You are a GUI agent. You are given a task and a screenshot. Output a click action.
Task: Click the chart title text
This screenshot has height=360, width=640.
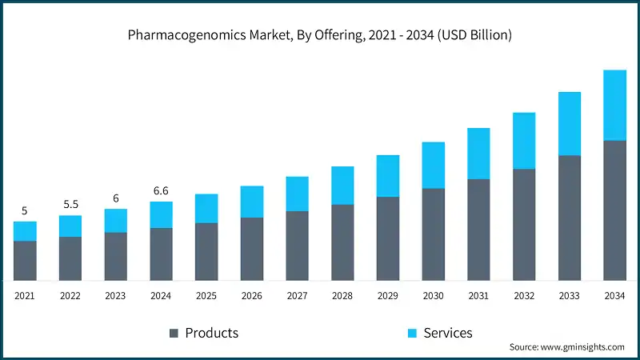[320, 35]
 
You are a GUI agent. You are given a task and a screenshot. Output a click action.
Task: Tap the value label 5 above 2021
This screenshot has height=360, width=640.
[24, 211]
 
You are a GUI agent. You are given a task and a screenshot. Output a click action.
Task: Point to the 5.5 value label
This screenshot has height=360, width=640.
[70, 205]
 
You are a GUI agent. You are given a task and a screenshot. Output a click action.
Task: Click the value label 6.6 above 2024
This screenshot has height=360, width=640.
[161, 190]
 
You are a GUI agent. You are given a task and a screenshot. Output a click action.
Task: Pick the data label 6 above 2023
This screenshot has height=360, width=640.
[115, 198]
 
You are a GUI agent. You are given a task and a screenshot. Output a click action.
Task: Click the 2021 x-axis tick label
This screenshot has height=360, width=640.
[24, 296]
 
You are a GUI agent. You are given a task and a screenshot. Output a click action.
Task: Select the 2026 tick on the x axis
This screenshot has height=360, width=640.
[251, 296]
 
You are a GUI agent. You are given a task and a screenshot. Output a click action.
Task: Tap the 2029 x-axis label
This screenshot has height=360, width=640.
[387, 296]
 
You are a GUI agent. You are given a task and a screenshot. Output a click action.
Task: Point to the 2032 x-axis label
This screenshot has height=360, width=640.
[524, 296]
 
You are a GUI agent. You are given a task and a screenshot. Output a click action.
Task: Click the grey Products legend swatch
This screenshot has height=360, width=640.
[174, 333]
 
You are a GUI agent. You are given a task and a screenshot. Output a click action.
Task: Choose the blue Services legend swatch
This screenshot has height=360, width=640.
[412, 333]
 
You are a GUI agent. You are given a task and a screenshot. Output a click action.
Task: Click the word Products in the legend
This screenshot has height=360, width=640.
[211, 333]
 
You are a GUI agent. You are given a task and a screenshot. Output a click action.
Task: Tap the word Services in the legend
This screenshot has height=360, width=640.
[448, 333]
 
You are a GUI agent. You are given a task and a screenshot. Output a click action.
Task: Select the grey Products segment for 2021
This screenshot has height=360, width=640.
[25, 260]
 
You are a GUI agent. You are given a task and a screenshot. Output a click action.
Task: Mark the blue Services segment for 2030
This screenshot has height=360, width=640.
[433, 165]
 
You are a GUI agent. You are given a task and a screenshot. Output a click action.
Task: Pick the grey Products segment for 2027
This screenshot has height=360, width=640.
[297, 246]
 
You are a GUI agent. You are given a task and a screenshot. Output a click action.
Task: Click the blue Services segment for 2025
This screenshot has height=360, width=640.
[206, 208]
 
